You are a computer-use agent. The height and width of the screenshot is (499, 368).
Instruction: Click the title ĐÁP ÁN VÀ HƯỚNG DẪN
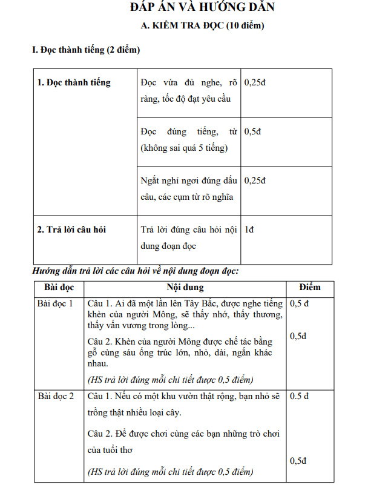202,7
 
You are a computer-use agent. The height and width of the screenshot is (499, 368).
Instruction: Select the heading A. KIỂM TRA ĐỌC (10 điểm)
202,26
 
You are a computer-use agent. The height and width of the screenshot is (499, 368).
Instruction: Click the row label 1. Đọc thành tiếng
74,82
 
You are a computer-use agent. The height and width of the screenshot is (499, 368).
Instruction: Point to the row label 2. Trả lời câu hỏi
72,230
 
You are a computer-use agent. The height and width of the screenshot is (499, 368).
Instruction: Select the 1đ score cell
249,230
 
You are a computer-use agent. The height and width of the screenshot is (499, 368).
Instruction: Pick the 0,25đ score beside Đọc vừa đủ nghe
255,82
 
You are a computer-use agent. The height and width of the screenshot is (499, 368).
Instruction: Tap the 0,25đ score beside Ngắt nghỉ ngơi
255,180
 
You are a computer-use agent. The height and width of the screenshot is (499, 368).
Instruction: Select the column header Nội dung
185,288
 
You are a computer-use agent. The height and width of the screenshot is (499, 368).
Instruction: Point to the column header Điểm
310,287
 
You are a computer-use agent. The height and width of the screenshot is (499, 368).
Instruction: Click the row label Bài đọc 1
56,303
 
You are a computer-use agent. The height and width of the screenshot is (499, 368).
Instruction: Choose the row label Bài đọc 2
56,396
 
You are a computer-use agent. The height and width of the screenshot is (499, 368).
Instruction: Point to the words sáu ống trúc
151,352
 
